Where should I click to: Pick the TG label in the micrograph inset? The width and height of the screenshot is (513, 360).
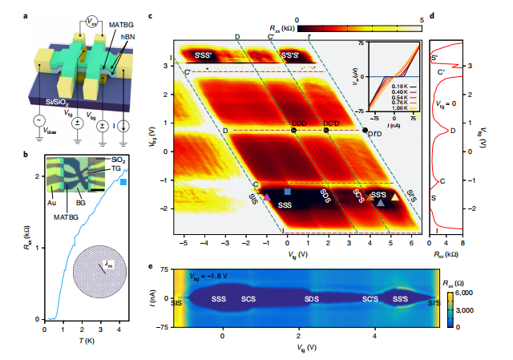point(111,170)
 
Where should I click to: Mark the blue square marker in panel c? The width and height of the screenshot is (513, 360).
point(287,192)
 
